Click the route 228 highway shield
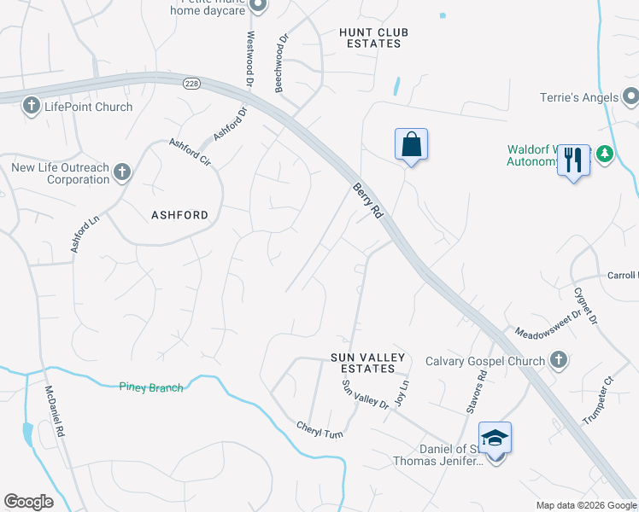coord(191,83)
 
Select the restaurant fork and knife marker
coord(573,159)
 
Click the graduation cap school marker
coord(495,439)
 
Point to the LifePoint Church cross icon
coord(31,106)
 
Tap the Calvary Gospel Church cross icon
coord(557,360)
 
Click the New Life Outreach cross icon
coord(121,172)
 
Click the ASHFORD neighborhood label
coord(179,215)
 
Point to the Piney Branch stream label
coord(151,387)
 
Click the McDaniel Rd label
coord(55,412)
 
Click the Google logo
coord(28,502)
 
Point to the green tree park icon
coord(605,154)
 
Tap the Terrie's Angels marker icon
coord(630,96)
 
